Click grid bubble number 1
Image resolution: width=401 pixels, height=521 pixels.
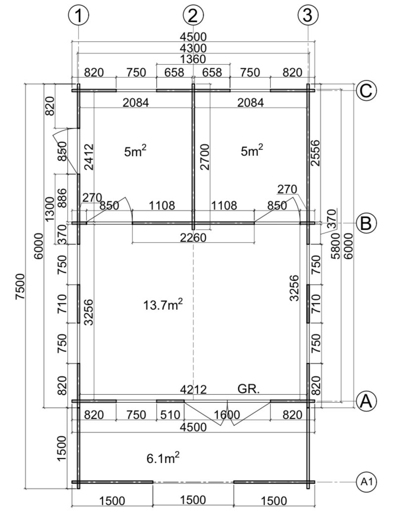tap(78, 16)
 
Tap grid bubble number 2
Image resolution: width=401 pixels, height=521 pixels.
tap(193, 16)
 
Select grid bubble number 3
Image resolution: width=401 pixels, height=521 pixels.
tap(308, 15)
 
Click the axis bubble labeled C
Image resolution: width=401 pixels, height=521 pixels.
tap(366, 91)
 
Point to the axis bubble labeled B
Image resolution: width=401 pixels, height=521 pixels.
tap(366, 223)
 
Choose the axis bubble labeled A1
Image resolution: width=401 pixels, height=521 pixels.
tap(366, 481)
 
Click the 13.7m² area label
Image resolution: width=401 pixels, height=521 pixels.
tap(163, 304)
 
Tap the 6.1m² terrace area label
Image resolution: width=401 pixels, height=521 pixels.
tap(163, 458)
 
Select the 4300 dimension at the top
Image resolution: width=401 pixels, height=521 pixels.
tap(193, 48)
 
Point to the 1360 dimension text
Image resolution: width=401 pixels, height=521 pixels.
tap(193, 59)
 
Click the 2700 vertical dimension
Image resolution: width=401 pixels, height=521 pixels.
tap(205, 157)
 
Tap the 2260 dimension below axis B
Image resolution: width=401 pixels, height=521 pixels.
tap(193, 237)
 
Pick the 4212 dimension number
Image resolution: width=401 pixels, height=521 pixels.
tap(193, 389)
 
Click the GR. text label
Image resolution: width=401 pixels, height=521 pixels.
tap(249, 389)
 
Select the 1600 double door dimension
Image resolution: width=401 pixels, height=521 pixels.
tap(227, 415)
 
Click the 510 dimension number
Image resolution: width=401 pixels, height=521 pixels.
tap(170, 415)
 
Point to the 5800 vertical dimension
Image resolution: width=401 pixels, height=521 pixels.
tap(336, 246)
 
